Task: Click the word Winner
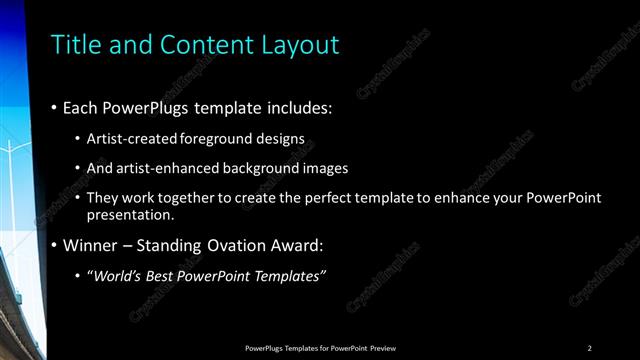pyautogui.click(x=91, y=245)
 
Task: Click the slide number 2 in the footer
pyautogui.click(x=589, y=347)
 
